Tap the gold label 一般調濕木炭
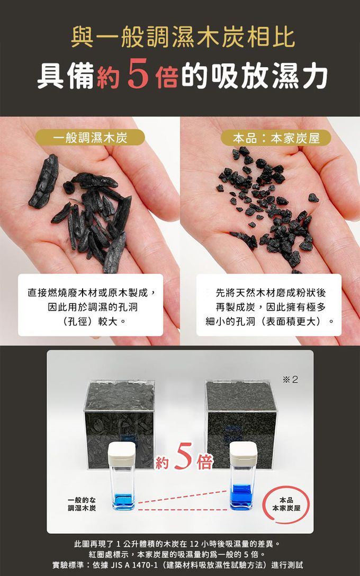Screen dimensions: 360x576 [x=90, y=138]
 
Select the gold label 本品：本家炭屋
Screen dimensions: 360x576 [x=276, y=138]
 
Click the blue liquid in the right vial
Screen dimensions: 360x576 [x=241, y=496]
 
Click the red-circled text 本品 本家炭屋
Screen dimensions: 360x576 [x=286, y=504]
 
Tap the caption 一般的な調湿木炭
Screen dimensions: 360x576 [x=82, y=504]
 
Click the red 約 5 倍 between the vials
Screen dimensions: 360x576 [x=184, y=456]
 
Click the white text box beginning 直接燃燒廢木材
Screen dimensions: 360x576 [x=91, y=305]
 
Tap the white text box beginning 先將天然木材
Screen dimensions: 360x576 [x=269, y=305]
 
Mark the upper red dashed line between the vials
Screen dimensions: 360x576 [x=182, y=496]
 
